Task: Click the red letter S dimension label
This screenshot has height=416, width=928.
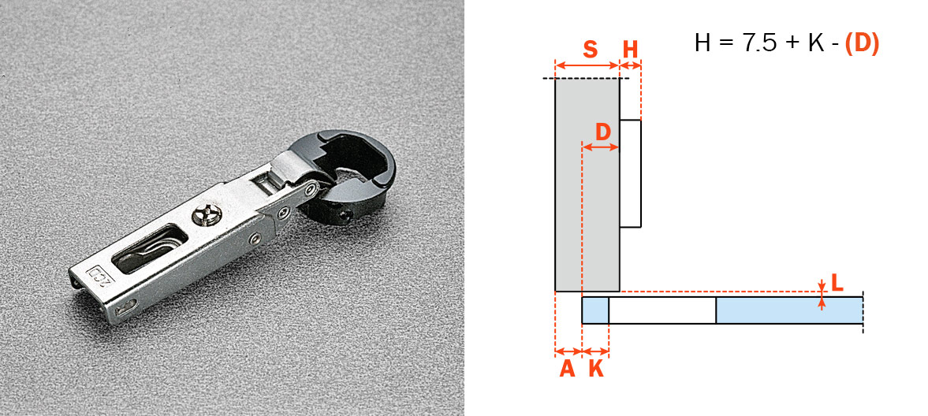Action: (590, 50)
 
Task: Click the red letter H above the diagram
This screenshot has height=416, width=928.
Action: (631, 50)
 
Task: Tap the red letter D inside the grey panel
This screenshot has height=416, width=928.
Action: (602, 132)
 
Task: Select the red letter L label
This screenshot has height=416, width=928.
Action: (837, 284)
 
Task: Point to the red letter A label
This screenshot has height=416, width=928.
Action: (567, 370)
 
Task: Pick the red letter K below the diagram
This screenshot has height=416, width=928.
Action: (596, 370)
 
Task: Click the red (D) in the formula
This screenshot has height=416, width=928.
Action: (862, 44)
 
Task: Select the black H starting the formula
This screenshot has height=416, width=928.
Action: (703, 44)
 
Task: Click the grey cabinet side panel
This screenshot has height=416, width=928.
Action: (587, 185)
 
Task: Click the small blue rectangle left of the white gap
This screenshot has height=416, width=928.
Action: (595, 310)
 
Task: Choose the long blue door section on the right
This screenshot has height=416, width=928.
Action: (789, 310)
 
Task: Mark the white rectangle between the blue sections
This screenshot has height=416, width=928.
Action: (662, 310)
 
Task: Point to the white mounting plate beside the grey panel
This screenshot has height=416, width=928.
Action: (630, 174)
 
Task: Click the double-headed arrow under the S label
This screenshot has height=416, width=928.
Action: (587, 65)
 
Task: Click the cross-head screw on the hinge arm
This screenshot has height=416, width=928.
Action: (204, 215)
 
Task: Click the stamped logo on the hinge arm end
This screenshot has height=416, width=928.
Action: (98, 274)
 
